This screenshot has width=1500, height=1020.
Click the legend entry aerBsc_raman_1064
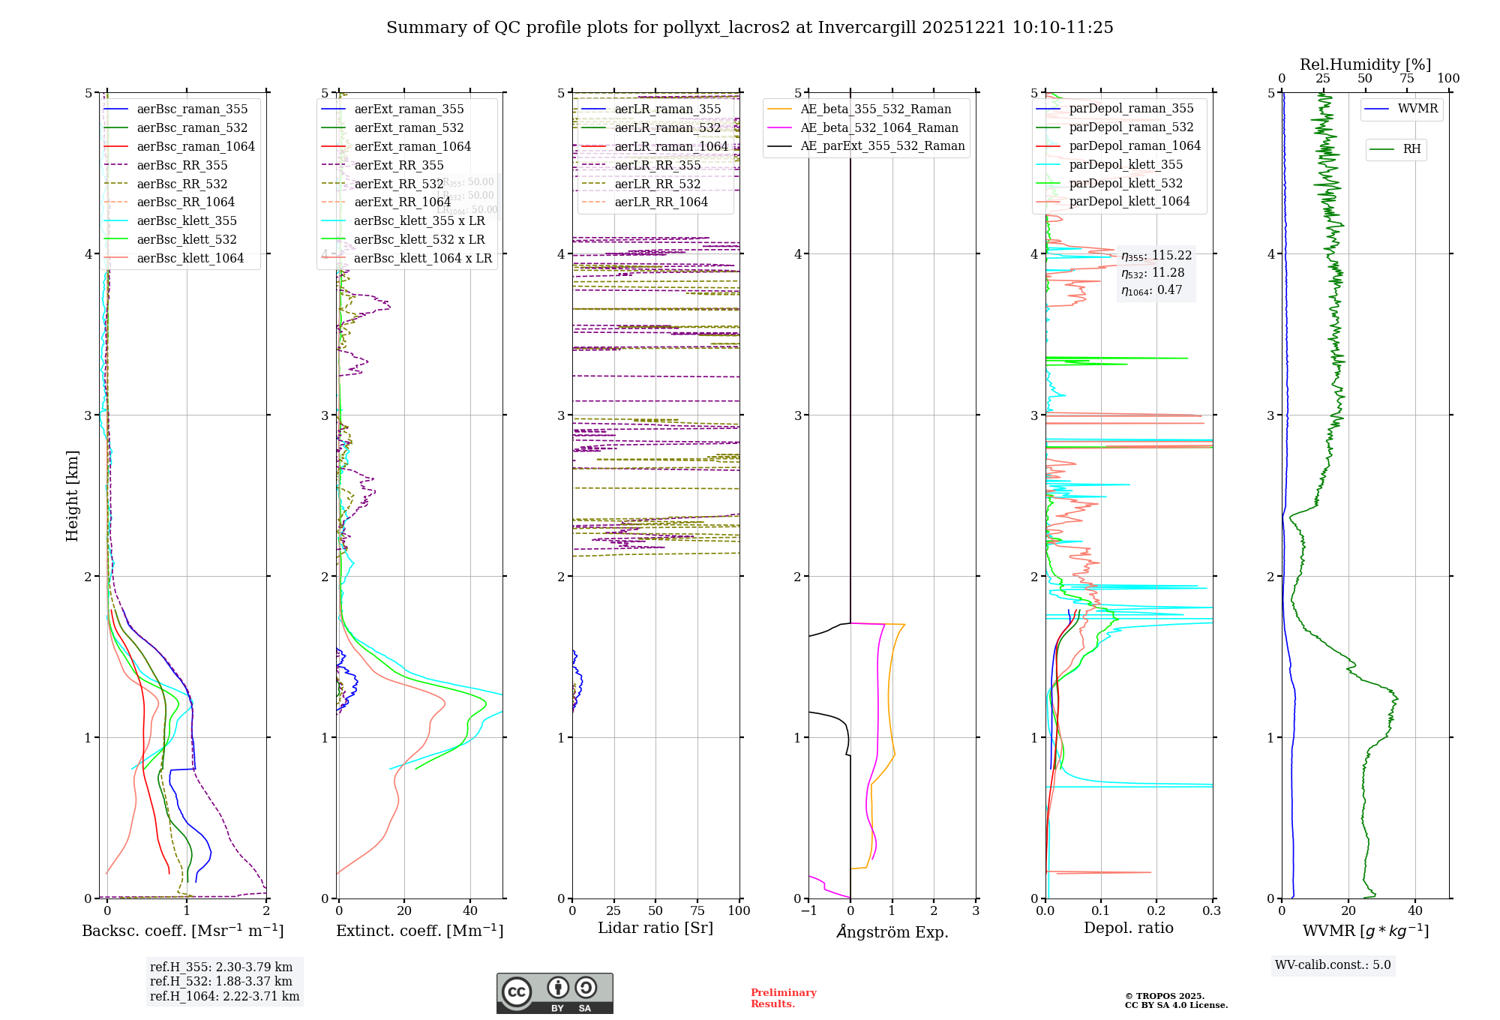[x=196, y=146]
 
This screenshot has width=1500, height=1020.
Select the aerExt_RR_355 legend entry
[x=398, y=165]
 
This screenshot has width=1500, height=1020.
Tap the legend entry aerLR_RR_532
[x=657, y=184]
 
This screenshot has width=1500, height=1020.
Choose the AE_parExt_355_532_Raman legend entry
[x=882, y=145]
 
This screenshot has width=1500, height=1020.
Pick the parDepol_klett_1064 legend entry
[x=1129, y=201]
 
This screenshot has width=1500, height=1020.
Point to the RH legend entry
[x=1411, y=149]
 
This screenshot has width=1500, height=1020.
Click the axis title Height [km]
[x=72, y=495]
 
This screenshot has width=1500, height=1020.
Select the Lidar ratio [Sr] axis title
[x=655, y=928]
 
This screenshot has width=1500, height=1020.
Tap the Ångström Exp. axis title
[x=892, y=931]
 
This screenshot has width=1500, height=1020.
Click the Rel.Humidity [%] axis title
[x=1365, y=64]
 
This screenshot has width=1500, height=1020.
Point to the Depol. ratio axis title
[x=1129, y=928]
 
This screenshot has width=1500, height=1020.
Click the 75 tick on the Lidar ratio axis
[x=697, y=910]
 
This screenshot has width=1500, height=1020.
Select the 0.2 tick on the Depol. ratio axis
[x=1156, y=910]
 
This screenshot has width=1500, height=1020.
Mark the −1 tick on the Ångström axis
[x=808, y=910]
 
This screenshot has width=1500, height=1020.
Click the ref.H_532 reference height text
[x=221, y=981]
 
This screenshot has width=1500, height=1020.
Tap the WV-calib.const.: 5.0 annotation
[x=1333, y=964]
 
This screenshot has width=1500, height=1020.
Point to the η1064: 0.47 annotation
[x=1152, y=290]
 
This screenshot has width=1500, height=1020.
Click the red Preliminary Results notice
[x=784, y=998]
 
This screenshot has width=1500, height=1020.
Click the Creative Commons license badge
[x=554, y=993]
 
